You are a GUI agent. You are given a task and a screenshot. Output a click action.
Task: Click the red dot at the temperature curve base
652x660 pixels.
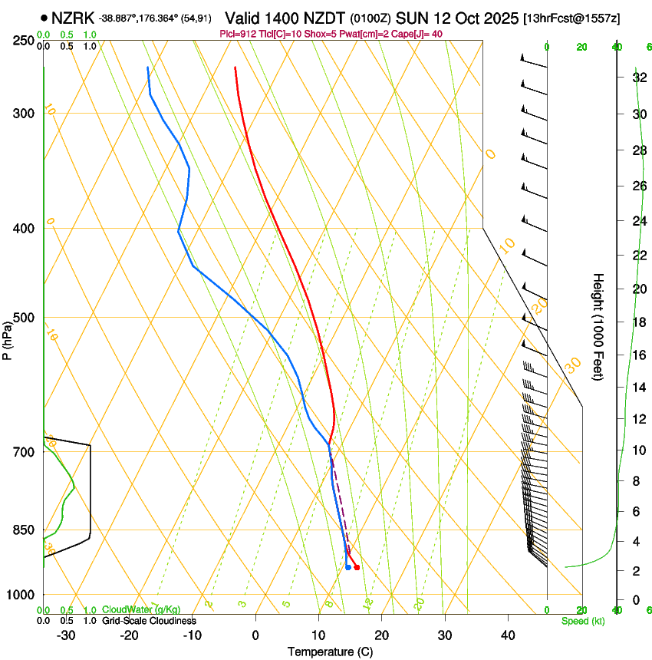coord(357,567)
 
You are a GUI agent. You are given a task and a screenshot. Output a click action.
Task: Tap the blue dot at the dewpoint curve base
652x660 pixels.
coord(348,567)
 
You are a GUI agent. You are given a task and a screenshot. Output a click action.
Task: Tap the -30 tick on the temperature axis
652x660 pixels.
coord(66,635)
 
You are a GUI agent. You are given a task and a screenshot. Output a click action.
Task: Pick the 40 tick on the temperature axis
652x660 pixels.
coord(508,635)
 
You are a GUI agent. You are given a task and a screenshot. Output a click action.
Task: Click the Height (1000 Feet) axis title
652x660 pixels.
coord(599,326)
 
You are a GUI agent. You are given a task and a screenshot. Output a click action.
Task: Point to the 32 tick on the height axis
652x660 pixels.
coord(638,78)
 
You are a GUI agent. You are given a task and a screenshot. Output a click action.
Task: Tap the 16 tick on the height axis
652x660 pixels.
coord(638,355)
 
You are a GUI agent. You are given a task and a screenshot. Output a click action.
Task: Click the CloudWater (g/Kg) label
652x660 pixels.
coord(142,610)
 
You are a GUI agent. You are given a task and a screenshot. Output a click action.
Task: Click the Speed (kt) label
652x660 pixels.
coord(583,620)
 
